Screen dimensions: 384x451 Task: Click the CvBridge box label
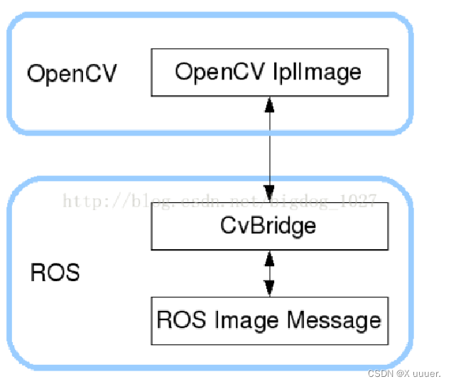[x=268, y=227]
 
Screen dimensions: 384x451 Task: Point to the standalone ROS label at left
[x=55, y=273]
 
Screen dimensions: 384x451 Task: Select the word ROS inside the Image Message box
[x=175, y=320]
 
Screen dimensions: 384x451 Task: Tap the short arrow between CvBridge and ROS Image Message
[x=269, y=273]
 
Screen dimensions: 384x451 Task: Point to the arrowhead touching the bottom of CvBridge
[x=269, y=257]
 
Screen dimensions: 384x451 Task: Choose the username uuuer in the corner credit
[x=422, y=373]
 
